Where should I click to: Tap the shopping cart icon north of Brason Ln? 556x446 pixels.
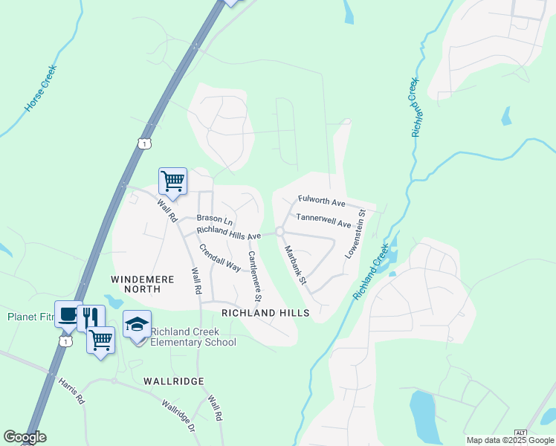pyautogui.click(x=172, y=181)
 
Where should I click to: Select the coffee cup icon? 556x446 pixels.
pyautogui.click(x=67, y=315)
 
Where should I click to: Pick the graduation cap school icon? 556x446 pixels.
pyautogui.click(x=137, y=324)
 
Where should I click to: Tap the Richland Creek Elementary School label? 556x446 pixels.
pyautogui.click(x=193, y=337)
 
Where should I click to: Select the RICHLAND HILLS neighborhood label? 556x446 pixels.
pyautogui.click(x=265, y=313)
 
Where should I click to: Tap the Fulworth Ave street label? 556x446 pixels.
pyautogui.click(x=322, y=201)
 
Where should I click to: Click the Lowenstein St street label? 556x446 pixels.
pyautogui.click(x=355, y=234)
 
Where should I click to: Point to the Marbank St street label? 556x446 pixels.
pyautogui.click(x=294, y=264)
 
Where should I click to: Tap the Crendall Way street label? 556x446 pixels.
pyautogui.click(x=219, y=256)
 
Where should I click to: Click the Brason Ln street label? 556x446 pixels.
pyautogui.click(x=215, y=220)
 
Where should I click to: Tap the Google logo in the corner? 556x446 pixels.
pyautogui.click(x=25, y=437)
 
